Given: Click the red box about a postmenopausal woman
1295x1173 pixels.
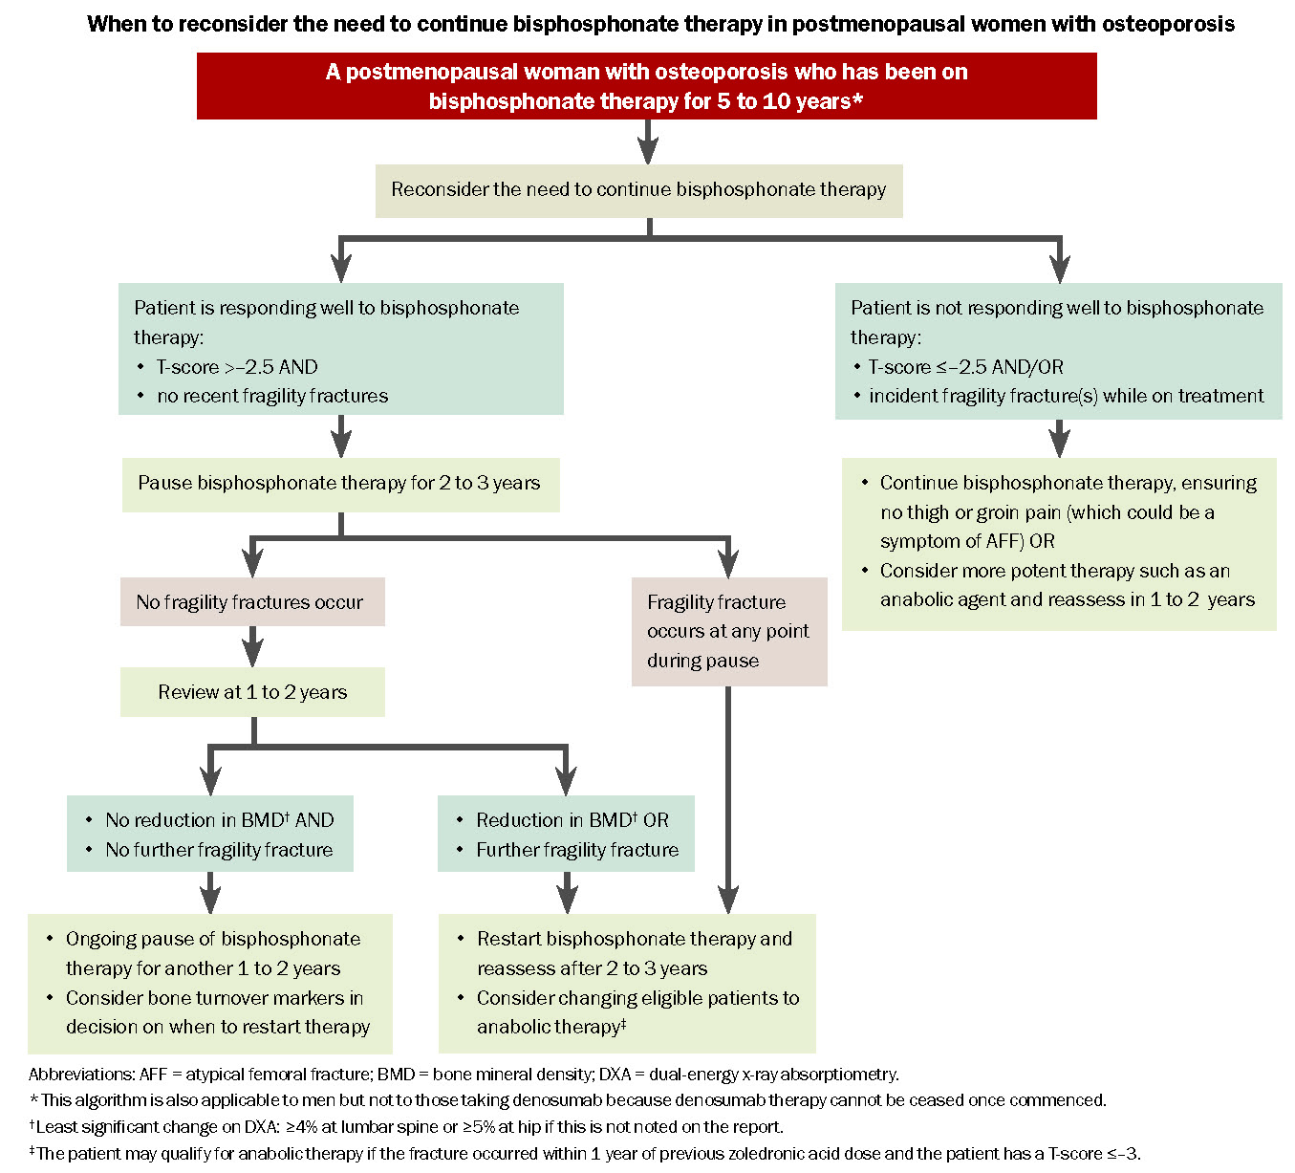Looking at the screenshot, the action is tap(646, 86).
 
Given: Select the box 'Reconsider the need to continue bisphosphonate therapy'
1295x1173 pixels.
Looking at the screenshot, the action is tap(638, 190).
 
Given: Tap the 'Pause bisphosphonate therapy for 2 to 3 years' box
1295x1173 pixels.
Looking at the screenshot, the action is tap(341, 485).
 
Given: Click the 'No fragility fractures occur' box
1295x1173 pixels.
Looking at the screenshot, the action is tap(252, 601).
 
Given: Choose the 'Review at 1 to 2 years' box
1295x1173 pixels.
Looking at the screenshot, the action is tap(252, 692).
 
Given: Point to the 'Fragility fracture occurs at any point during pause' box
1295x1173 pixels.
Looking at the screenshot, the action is tap(729, 631).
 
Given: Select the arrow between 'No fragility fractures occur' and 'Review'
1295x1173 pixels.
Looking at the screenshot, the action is tap(252, 646).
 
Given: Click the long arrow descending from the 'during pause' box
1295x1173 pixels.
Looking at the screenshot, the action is tap(728, 799).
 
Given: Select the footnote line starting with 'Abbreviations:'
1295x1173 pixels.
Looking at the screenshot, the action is tap(464, 1075).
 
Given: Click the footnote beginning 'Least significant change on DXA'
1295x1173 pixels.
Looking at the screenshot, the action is tap(407, 1126).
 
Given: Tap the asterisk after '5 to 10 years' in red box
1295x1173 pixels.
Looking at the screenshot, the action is tap(857, 98).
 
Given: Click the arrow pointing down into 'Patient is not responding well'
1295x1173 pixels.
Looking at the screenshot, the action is tap(1060, 260).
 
